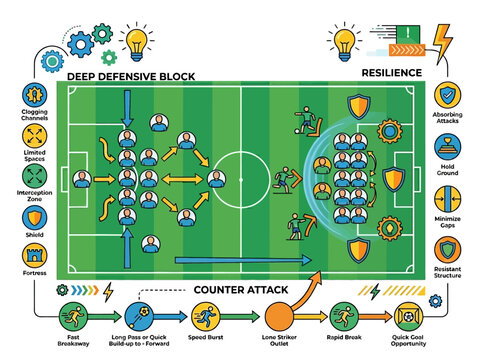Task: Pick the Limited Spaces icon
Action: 34,137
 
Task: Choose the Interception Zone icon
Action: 34,177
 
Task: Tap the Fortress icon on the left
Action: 34,254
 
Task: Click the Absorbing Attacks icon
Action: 447,97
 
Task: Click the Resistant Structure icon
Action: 447,246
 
